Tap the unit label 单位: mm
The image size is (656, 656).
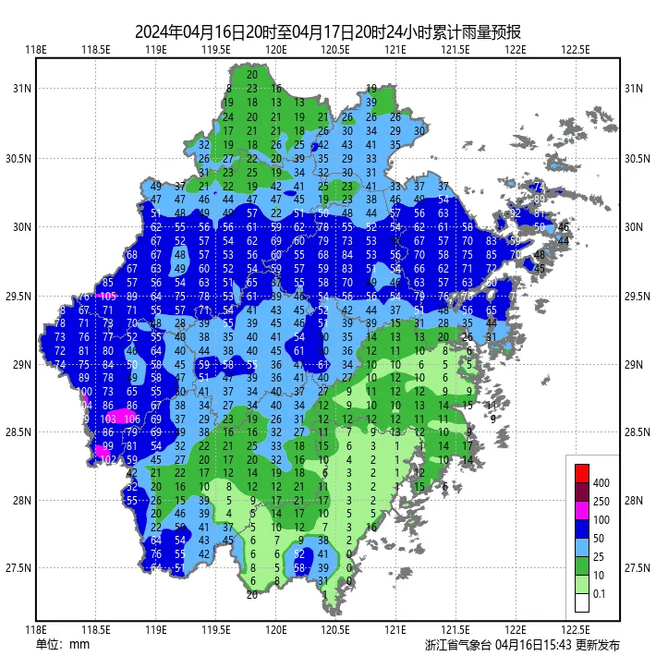point(63,644)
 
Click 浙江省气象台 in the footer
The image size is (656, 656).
point(458,644)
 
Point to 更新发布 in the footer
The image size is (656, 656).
point(598,644)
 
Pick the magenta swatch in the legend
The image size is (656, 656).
point(581,510)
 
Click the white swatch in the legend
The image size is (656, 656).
point(581,602)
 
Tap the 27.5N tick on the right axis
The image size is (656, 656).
point(635,567)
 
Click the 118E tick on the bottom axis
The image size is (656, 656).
point(36,630)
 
